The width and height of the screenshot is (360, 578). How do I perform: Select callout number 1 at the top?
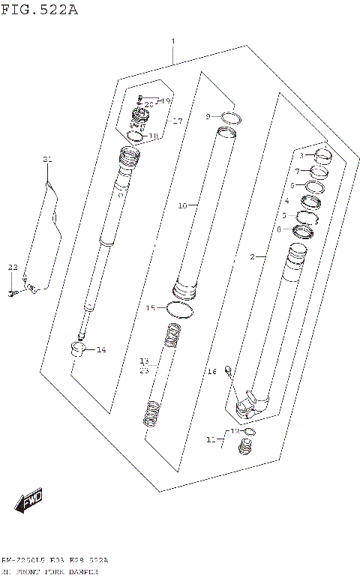(173, 40)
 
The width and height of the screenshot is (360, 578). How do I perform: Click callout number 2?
(253, 257)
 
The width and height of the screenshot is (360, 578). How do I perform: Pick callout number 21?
(47, 160)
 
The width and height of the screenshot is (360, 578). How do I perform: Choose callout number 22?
(12, 268)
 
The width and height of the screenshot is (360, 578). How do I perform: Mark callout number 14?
(101, 349)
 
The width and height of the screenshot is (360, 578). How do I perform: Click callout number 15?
(151, 307)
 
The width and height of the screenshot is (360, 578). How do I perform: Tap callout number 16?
(212, 371)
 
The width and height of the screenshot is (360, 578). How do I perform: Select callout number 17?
(177, 121)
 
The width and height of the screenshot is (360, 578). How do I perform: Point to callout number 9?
(210, 116)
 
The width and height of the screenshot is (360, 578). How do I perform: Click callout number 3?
(301, 156)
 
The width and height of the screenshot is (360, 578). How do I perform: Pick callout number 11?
(211, 438)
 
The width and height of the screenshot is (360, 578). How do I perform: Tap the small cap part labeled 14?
(79, 349)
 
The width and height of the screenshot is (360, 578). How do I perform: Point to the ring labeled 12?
(250, 433)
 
